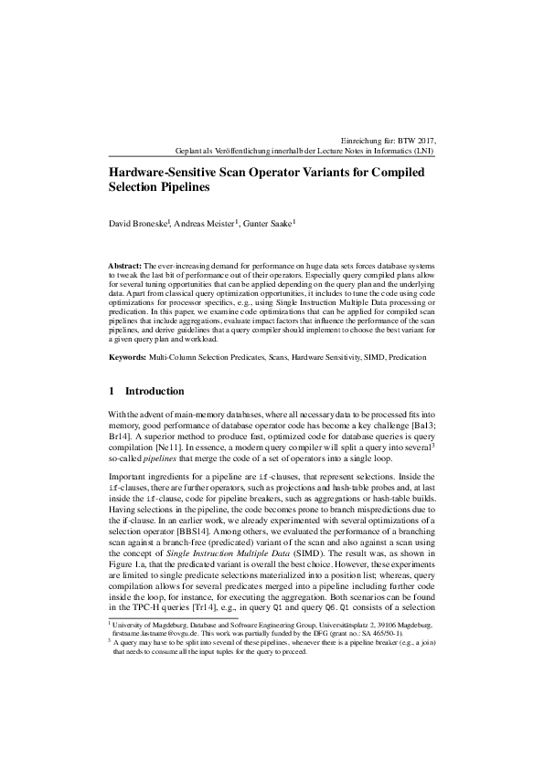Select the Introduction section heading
pyautogui.click(x=155, y=391)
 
